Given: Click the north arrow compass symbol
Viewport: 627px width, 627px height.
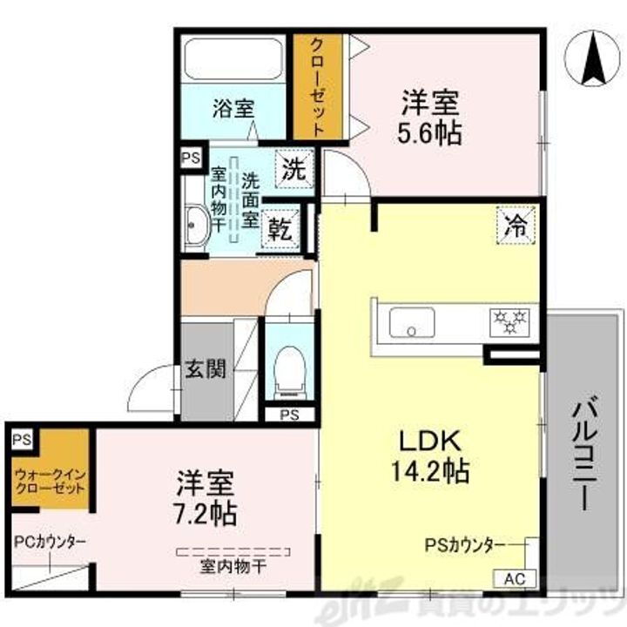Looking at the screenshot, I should point(591,57).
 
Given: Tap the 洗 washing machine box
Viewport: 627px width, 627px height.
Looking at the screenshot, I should point(293,169).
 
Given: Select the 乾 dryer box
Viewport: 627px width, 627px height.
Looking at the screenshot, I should point(280,230).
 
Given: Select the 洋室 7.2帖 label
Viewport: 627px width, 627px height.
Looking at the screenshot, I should point(207,497).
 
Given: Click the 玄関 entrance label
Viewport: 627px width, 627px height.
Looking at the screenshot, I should point(206,369).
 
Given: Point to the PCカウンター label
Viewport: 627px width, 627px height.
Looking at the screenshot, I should point(49,541).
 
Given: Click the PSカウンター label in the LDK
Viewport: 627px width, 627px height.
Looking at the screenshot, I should point(464,545).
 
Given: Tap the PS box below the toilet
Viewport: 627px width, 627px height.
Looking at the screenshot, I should point(288,415).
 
